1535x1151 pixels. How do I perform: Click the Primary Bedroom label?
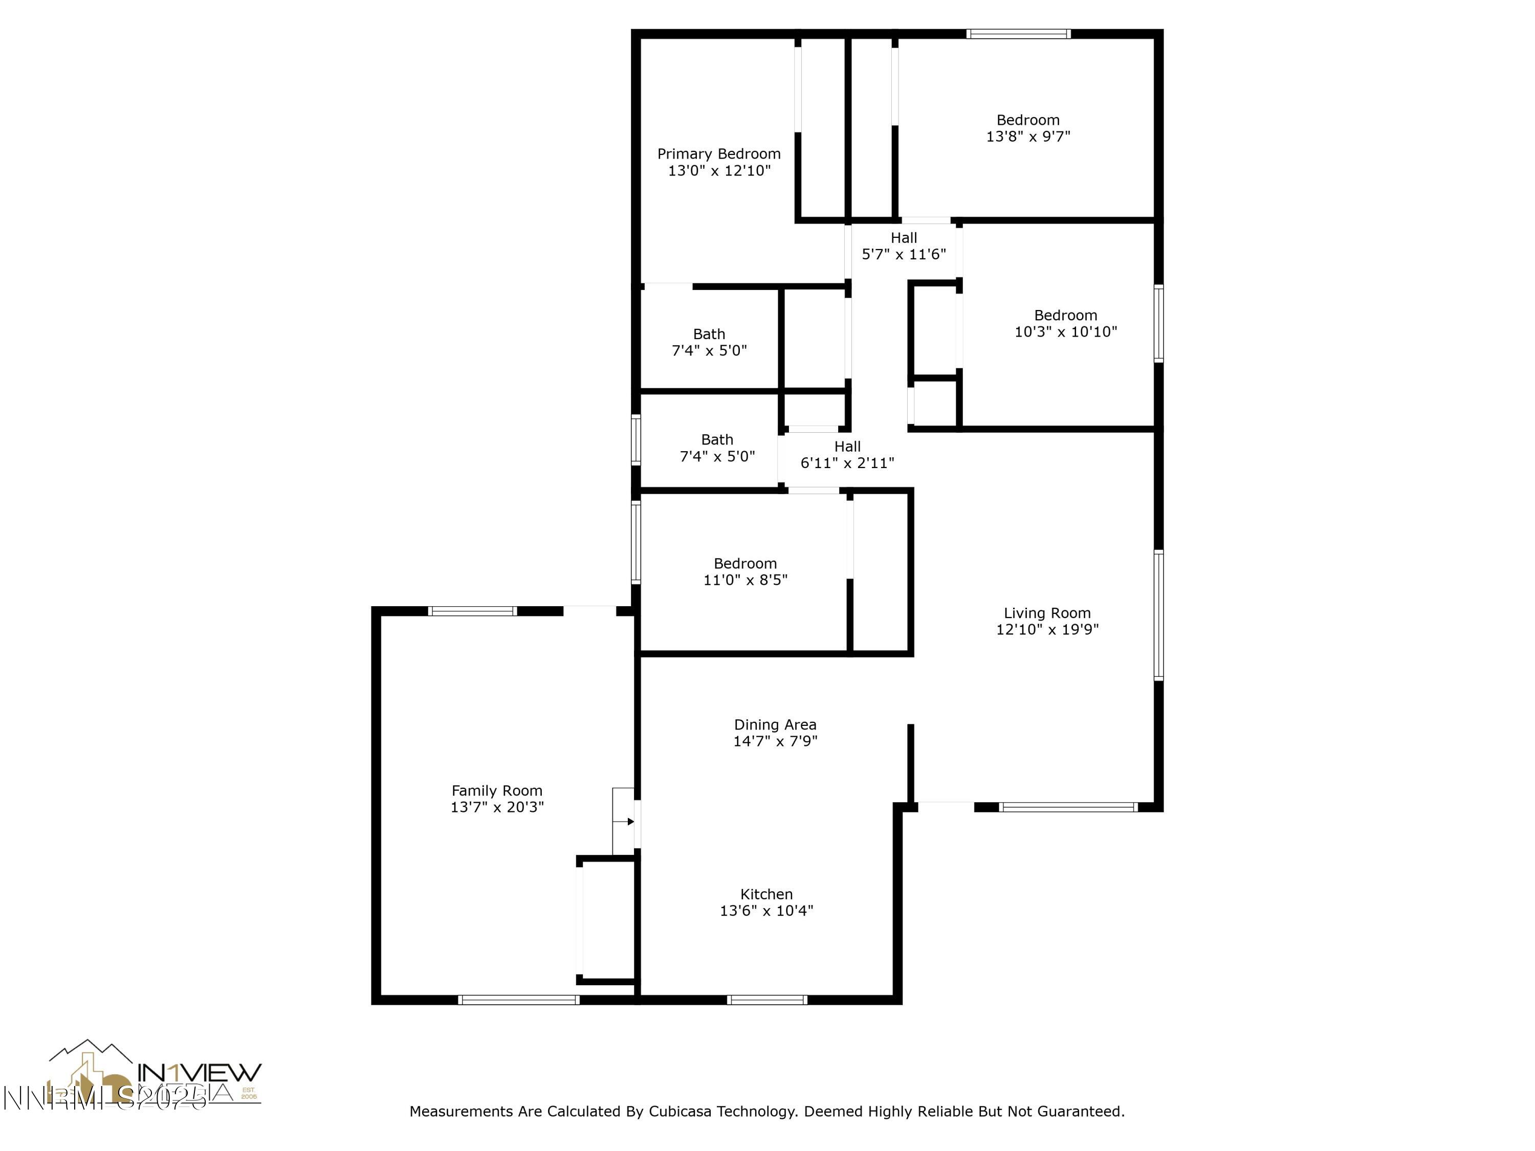point(719,154)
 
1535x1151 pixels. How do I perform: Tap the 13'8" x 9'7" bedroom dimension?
point(1028,137)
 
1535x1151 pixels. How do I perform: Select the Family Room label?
point(496,790)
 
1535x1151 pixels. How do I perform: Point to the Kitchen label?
point(766,894)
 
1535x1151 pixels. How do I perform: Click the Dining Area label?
point(775,724)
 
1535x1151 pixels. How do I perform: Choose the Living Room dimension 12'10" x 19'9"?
point(1047,630)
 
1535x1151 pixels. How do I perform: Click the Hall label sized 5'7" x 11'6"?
point(904,238)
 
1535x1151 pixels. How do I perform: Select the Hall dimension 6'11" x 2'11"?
point(847,463)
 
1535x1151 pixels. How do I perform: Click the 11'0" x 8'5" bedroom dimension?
point(745,580)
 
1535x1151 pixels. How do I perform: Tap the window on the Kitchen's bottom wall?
point(767,1000)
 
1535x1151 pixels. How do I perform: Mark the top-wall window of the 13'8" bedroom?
point(1018,33)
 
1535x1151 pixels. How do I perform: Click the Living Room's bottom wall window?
point(1067,807)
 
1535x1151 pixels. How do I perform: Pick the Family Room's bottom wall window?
point(518,1000)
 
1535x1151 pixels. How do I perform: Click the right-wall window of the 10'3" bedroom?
point(1158,323)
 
